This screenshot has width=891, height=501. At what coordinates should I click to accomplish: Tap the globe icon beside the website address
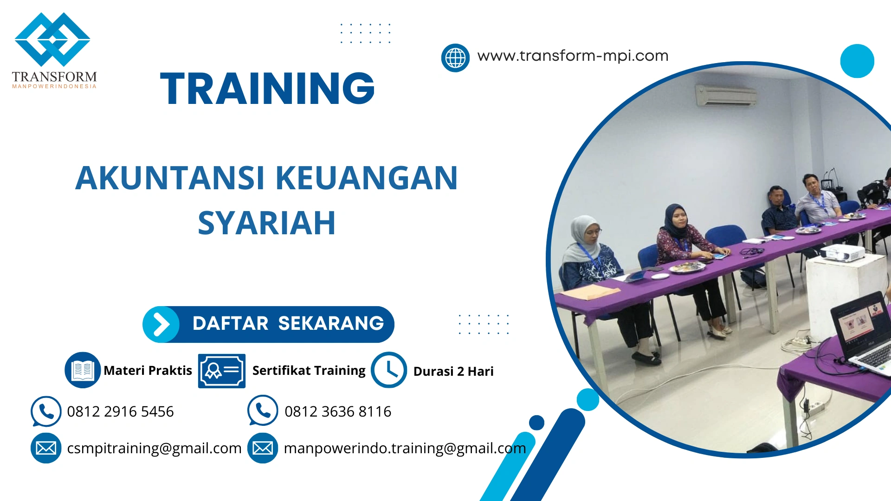point(455,58)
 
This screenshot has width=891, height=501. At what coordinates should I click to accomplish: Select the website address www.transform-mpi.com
point(573,56)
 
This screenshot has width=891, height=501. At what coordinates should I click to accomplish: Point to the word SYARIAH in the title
point(266,223)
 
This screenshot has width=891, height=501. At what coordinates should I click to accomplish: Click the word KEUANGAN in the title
point(367,178)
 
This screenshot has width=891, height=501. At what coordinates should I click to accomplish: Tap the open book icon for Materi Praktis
point(83,370)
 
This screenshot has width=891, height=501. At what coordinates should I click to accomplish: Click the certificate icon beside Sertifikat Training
point(222,371)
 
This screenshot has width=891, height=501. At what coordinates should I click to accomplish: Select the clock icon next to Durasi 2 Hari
point(389,370)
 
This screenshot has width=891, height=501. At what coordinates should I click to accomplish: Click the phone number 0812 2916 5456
point(120,411)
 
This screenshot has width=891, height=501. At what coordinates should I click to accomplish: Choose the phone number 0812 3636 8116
point(338,411)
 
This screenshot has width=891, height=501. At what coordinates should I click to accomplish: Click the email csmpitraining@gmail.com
point(154,448)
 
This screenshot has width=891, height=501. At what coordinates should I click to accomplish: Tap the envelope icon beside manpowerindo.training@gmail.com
point(263,448)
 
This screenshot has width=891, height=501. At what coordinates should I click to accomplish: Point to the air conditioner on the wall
point(726,95)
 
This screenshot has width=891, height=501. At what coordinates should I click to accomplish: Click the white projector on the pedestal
point(842,253)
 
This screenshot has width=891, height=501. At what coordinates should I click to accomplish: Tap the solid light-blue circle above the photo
point(857,61)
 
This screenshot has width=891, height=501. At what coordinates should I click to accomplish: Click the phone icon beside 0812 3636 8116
point(263,411)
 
